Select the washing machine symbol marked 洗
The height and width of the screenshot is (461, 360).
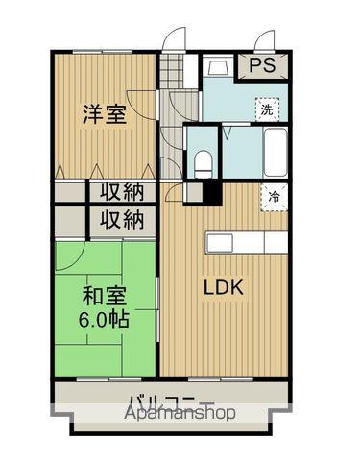coord(268,110)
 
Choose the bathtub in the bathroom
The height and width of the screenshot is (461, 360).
coord(273,152)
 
